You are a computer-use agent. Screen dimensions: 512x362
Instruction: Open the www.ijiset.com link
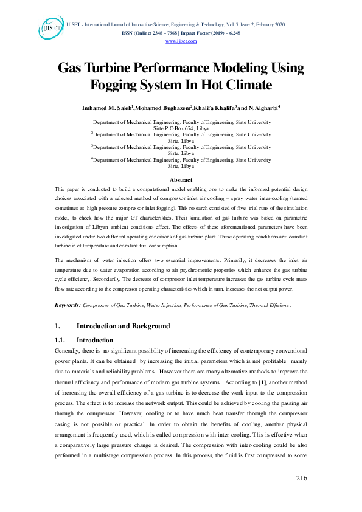pyautogui.click(x=181, y=41)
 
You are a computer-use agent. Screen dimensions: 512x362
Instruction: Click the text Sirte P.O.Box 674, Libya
pyautogui.click(x=181, y=128)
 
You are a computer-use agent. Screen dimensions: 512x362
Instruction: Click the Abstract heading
pyautogui.click(x=181, y=180)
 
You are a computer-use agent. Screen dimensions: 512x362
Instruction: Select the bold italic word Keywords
pyautogui.click(x=68, y=305)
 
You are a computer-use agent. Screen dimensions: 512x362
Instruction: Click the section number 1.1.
pyautogui.click(x=60, y=340)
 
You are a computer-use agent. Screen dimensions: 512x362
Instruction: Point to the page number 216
pyautogui.click(x=301, y=479)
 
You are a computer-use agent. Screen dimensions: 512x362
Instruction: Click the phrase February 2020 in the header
pyautogui.click(x=268, y=25)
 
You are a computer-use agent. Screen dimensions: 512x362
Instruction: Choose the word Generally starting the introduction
pyautogui.click(x=67, y=352)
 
